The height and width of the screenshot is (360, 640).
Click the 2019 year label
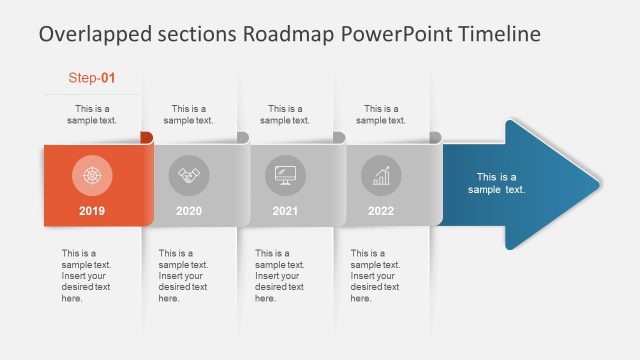(91, 211)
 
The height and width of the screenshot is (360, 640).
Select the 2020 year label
(188, 211)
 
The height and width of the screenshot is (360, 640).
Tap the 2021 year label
(285, 211)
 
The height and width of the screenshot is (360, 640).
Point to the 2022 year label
(381, 211)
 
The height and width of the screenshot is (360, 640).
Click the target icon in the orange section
(92, 175)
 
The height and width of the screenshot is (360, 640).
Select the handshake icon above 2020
(188, 175)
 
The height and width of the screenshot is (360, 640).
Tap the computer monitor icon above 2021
(285, 175)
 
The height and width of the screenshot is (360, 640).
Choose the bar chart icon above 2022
(381, 175)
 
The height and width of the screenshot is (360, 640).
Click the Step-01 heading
(92, 77)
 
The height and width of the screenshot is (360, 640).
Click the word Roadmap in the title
(289, 34)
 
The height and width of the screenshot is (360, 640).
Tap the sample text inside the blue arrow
(496, 183)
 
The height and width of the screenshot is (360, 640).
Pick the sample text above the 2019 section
(95, 114)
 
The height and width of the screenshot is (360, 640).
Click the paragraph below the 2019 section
(86, 275)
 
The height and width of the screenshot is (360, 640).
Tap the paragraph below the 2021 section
(280, 275)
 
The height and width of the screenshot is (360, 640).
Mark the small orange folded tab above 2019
(146, 137)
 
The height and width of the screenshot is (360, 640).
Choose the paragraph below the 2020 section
(183, 275)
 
